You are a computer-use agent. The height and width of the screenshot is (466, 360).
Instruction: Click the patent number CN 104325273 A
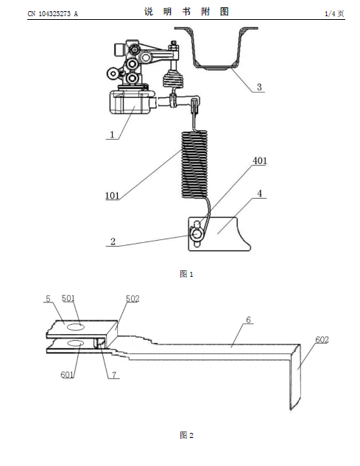[52, 14]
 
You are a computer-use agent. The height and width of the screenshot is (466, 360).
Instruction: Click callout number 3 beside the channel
[259, 87]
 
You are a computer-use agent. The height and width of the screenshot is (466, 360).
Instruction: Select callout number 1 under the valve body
[112, 135]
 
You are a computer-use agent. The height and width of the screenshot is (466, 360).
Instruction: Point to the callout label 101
[112, 196]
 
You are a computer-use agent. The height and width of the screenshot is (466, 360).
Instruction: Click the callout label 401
[260, 160]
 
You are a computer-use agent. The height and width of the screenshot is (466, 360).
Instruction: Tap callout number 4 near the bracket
[260, 194]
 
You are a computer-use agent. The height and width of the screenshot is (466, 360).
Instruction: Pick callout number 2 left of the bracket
[113, 241]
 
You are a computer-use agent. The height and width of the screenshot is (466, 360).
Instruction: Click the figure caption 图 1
[186, 274]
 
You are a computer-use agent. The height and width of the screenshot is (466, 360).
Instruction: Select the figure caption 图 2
[186, 435]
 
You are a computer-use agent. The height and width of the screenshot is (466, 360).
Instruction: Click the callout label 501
[68, 298]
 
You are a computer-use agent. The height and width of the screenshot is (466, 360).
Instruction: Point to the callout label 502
[133, 299]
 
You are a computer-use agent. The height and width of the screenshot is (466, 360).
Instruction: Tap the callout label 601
[67, 375]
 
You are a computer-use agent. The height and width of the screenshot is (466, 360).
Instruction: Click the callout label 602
[322, 339]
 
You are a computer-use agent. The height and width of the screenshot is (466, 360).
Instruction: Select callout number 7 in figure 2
[114, 375]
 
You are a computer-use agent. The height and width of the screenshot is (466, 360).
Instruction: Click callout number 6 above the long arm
[249, 320]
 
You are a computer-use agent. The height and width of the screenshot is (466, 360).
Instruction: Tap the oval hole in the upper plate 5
[76, 327]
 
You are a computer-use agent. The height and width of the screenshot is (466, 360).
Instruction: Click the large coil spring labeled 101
[194, 164]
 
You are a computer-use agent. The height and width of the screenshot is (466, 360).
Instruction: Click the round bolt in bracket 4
[197, 234]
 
